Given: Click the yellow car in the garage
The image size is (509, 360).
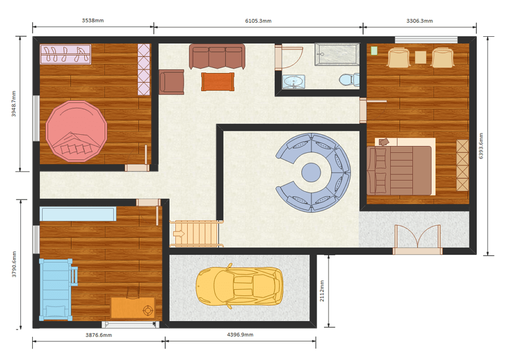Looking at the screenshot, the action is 239,286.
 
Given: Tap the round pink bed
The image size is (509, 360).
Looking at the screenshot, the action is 76,131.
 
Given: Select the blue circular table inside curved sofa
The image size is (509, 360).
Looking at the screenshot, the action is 311,172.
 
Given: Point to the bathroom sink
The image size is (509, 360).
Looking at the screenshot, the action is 294,82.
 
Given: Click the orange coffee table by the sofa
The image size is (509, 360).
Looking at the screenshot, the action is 218,82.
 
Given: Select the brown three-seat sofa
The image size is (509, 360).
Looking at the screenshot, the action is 217,57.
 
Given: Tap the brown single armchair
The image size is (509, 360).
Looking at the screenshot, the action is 171,82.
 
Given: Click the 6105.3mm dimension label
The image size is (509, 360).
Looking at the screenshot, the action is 258,21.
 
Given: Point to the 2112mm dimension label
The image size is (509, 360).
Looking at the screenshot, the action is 322,291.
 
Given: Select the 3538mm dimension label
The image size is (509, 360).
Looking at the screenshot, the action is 93,20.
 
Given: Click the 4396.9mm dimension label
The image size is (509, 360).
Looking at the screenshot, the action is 240,335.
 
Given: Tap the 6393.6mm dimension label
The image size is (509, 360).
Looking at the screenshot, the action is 481,146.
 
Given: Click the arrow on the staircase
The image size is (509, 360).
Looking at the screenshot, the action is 179,234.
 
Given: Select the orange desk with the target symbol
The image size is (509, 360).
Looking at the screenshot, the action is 133,307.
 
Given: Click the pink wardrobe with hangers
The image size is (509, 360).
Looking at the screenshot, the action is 66,54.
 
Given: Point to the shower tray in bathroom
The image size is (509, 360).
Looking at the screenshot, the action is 337,54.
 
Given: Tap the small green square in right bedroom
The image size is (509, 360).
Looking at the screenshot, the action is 374,51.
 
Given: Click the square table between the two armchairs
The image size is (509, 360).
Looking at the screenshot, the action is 420,58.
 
